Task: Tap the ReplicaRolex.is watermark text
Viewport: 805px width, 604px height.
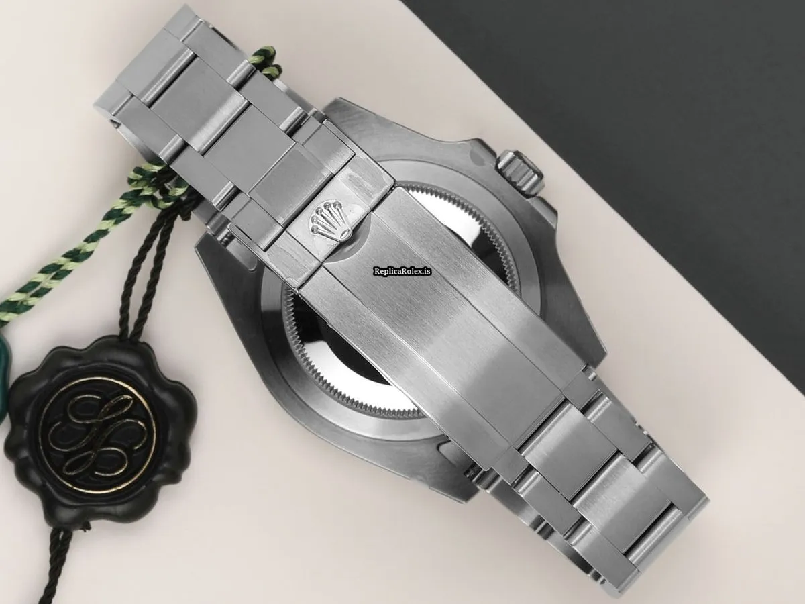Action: [402, 271]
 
